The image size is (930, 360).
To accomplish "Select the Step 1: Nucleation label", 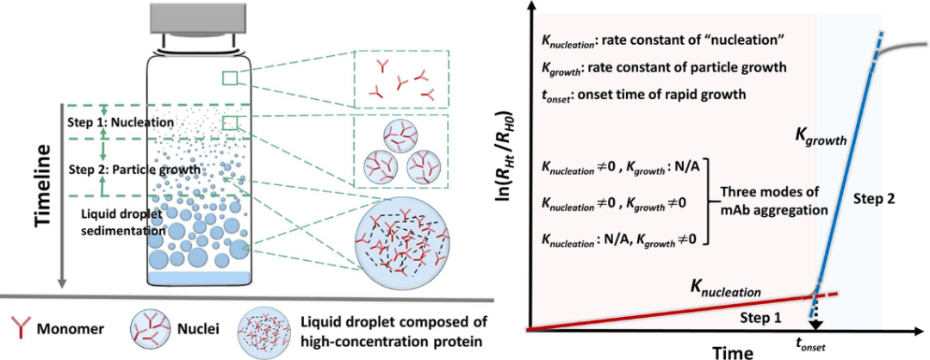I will [121, 122].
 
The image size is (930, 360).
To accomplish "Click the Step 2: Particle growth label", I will [128, 169].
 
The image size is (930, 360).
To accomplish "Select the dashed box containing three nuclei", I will [403, 152].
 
